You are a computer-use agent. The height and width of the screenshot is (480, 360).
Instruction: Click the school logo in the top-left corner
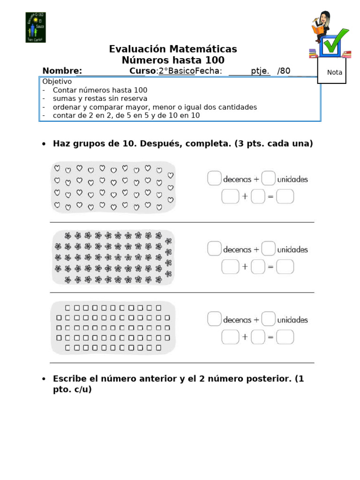pyautogui.click(x=35, y=27)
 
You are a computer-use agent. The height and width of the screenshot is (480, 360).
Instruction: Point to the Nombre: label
pyautogui.click(x=62, y=71)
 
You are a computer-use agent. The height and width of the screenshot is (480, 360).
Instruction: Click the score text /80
pyautogui.click(x=284, y=71)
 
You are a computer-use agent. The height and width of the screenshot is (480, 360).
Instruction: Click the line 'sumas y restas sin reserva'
pyautogui.click(x=100, y=98)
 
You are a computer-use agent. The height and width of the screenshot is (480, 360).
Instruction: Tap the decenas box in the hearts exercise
pyautogui.click(x=214, y=179)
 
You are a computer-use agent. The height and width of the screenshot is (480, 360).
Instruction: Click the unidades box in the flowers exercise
pyautogui.click(x=268, y=249)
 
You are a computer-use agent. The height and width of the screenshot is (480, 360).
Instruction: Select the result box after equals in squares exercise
pyautogui.click(x=285, y=337)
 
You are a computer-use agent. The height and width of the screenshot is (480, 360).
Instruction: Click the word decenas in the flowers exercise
pyautogui.click(x=237, y=250)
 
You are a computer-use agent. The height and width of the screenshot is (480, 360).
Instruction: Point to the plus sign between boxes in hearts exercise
pyautogui.click(x=245, y=197)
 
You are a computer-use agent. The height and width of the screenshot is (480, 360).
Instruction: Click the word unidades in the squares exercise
pyautogui.click(x=292, y=320)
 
